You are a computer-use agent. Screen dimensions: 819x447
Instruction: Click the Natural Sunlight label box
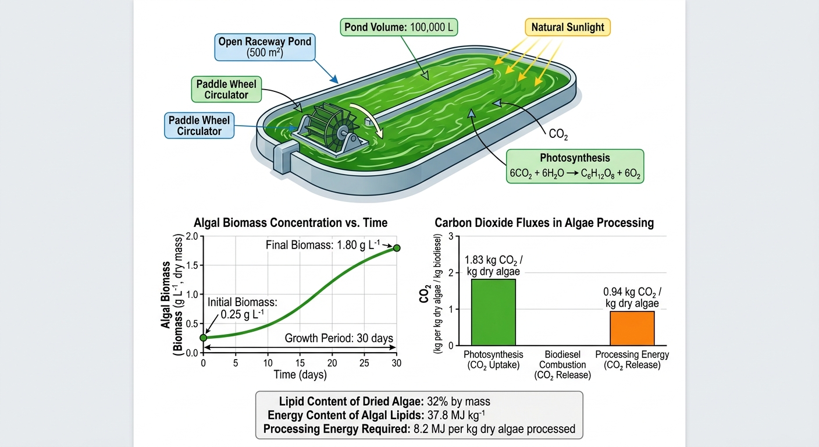568,27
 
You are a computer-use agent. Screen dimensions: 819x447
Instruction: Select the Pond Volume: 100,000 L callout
398,27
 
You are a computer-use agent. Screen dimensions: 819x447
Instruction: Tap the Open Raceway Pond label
265,47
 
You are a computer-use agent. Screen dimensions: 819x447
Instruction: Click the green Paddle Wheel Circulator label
226,89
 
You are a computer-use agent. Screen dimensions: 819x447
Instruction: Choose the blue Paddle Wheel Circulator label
200,126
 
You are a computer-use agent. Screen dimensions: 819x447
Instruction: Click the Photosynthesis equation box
575,166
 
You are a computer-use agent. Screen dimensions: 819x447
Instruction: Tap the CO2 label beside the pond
558,134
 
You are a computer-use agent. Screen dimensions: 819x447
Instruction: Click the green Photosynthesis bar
493,312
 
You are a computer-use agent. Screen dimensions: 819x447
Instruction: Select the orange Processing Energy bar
632,328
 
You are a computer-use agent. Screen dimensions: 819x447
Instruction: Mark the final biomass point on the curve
397,248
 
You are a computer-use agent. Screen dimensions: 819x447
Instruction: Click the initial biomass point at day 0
203,338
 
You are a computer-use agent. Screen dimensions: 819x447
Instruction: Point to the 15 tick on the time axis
300,363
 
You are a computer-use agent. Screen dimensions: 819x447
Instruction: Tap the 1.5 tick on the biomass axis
192,265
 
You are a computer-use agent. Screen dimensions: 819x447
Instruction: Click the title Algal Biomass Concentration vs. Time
290,223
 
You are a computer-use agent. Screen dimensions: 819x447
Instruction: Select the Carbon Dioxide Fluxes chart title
544,223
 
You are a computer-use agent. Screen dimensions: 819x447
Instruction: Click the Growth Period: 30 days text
339,338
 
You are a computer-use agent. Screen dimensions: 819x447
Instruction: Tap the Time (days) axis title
300,375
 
